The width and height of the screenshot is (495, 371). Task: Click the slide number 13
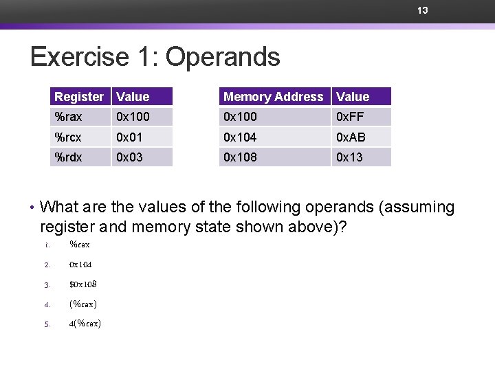[x=423, y=10]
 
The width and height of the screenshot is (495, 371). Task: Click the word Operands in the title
[x=223, y=57]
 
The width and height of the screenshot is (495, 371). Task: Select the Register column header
[x=79, y=97]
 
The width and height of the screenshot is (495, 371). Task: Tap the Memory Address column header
[x=273, y=97]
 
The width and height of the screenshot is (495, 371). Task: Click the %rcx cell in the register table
[x=68, y=137]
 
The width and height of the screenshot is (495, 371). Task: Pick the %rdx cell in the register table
[x=68, y=157]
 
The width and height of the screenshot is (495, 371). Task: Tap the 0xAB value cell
[x=350, y=137]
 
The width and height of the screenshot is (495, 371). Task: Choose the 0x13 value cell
[x=349, y=157]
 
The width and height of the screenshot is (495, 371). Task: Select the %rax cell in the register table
[x=68, y=117]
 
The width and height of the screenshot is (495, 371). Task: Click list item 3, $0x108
[x=82, y=284]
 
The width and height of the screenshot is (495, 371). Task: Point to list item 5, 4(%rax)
[x=85, y=324]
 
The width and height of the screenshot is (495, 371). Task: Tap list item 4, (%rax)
[x=82, y=304]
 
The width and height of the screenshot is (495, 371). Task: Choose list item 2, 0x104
[x=80, y=265]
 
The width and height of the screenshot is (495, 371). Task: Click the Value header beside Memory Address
[x=353, y=97]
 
